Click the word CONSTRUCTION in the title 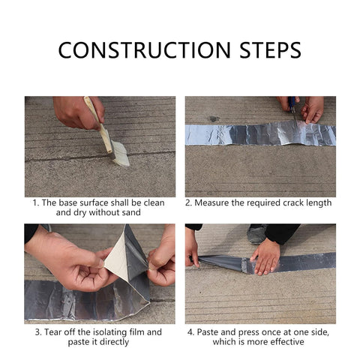point(144,50)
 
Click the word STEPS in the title point(270,50)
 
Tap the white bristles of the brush point(121,153)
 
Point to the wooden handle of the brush point(97,123)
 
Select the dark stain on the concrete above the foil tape point(214,118)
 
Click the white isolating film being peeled point(117,254)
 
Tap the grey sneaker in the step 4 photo point(256,234)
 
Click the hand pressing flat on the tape point(265,257)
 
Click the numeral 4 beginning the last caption point(190,332)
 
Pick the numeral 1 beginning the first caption point(35,202)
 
